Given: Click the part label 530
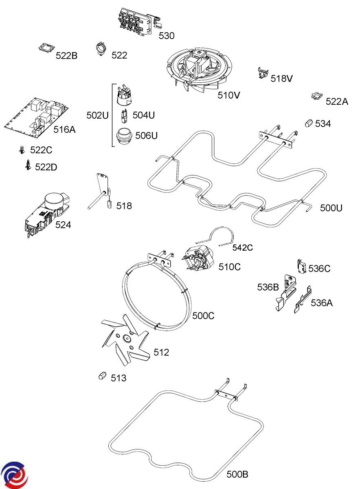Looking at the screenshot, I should (x=167, y=36).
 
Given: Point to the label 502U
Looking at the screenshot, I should (x=97, y=115).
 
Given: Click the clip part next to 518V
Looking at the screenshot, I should (x=263, y=73).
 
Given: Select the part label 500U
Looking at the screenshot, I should (x=331, y=208).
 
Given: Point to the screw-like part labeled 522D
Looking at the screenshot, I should (x=28, y=165).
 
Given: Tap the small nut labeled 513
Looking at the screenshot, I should (x=102, y=375).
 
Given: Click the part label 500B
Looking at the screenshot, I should (x=237, y=474).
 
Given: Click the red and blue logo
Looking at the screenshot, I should (x=14, y=475).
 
